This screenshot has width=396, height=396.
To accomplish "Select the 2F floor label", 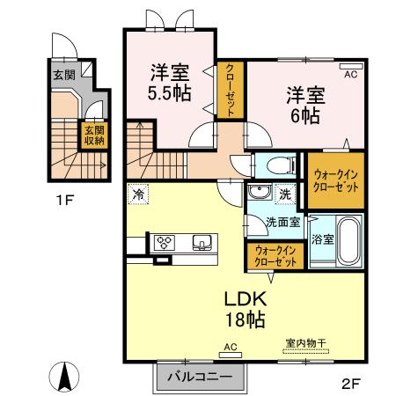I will tap(351, 382).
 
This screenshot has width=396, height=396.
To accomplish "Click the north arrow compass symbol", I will tap(64, 377).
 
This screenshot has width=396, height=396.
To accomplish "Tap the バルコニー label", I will tap(200, 377).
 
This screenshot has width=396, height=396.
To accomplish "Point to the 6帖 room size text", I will tap(302, 114).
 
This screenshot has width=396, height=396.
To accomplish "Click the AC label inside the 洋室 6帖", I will tap(350, 76).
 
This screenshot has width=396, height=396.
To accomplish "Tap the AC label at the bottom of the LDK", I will tap(231, 347).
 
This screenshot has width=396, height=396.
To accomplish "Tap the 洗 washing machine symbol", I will tap(283, 194).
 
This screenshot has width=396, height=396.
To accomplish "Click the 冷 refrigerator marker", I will tap(138, 194).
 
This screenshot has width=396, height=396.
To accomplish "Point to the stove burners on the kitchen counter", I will tap(165, 241).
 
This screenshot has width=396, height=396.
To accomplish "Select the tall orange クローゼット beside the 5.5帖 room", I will tap(229, 91).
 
